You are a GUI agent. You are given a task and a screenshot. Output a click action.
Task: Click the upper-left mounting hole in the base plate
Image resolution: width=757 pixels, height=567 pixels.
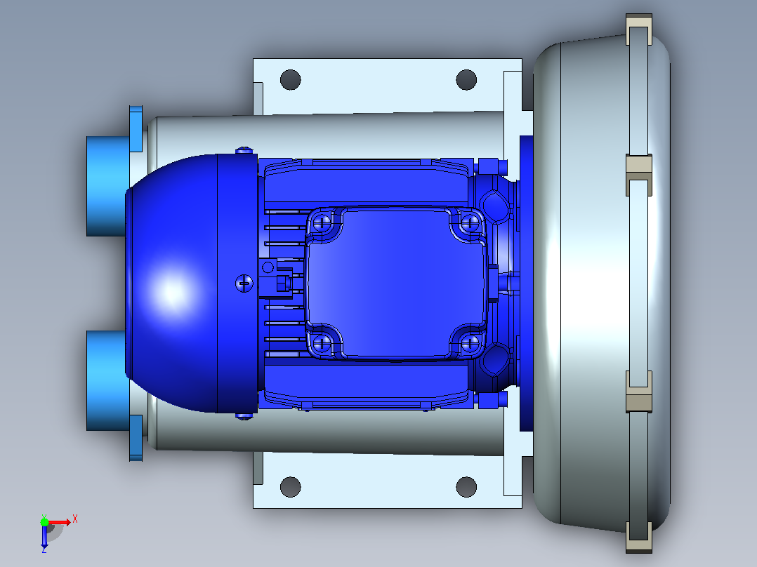pyautogui.click(x=290, y=79)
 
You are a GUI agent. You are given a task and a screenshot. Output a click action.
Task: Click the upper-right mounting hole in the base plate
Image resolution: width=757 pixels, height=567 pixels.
pyautogui.click(x=466, y=79)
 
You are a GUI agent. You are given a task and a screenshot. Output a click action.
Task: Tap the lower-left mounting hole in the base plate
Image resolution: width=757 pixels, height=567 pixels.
pyautogui.click(x=290, y=487)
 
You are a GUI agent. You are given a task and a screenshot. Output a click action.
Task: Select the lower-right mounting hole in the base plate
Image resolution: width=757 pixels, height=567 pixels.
pyautogui.click(x=466, y=487)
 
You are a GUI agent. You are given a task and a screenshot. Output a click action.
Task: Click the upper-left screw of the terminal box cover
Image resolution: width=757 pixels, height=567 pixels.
pyautogui.click(x=322, y=223)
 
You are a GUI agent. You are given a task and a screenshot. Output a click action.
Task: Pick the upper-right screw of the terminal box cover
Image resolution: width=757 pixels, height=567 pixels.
pyautogui.click(x=470, y=223)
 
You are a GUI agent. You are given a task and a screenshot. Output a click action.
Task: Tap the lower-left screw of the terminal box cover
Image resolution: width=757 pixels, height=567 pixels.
pyautogui.click(x=322, y=344)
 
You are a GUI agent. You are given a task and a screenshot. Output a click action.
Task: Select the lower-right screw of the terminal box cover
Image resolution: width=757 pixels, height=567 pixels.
pyautogui.click(x=470, y=344)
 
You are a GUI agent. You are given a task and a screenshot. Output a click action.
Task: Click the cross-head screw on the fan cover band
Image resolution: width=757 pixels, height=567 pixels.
pyautogui.click(x=244, y=283)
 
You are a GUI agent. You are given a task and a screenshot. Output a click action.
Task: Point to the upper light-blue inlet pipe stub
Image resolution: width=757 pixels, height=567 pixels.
pyautogui.click(x=107, y=186)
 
